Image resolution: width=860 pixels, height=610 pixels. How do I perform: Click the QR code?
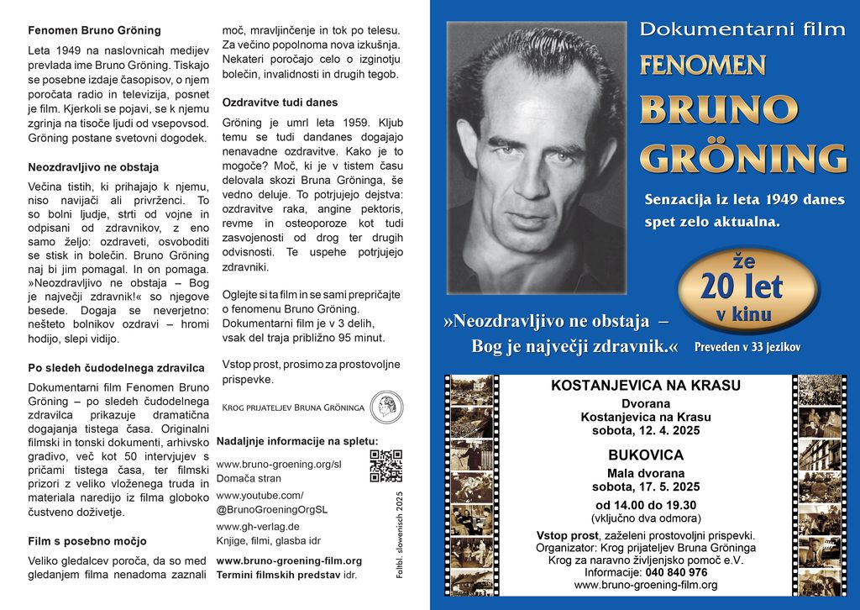[385, 466]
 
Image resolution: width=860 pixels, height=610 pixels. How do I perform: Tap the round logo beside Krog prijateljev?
[386, 407]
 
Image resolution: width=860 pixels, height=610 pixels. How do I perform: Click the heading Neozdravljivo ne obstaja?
[93, 167]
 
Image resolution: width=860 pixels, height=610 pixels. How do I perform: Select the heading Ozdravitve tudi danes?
[280, 103]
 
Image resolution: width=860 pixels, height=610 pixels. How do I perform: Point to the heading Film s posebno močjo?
[87, 541]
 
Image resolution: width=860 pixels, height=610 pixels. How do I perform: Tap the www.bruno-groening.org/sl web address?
[279, 464]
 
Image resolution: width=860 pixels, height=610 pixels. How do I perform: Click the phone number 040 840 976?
[676, 572]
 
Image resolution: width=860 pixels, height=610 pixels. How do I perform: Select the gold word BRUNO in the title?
[718, 110]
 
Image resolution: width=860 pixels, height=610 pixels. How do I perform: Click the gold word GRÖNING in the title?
[743, 159]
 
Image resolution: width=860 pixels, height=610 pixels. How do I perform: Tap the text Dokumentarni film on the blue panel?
[742, 29]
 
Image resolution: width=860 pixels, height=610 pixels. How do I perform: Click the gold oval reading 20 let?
[742, 288]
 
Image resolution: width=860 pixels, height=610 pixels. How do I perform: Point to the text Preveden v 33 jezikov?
[747, 347]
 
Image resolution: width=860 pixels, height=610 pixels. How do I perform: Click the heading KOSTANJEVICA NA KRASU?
[645, 386]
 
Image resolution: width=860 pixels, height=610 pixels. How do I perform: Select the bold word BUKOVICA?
[645, 455]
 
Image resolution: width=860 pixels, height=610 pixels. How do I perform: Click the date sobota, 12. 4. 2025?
[645, 430]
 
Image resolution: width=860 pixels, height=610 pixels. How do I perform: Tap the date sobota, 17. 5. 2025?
[645, 486]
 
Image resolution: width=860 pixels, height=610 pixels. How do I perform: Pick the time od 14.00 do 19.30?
[645, 505]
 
